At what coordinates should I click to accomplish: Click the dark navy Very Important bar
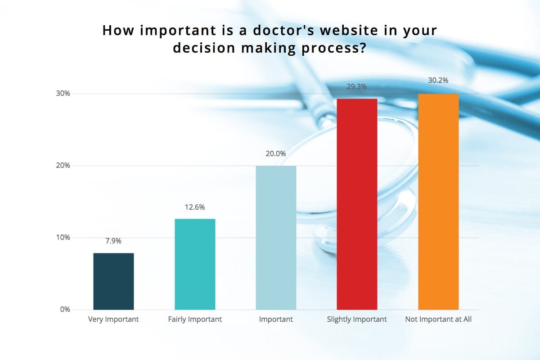(x=113, y=281)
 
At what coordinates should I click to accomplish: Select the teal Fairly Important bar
(x=195, y=264)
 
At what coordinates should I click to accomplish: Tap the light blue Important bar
(x=276, y=238)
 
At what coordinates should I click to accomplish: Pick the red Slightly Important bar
(x=357, y=204)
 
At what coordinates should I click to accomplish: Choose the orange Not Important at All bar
(x=438, y=202)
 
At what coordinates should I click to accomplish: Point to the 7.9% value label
(x=113, y=241)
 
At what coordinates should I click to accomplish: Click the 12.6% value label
(x=195, y=207)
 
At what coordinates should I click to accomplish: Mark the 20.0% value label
(x=276, y=153)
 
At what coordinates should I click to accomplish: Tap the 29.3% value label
(x=357, y=86)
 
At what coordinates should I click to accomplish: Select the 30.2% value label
(x=438, y=80)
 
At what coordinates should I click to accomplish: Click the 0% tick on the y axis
(x=65, y=309)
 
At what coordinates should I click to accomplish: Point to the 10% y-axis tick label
(x=63, y=238)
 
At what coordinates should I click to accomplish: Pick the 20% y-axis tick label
(x=63, y=166)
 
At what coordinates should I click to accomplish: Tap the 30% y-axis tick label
(x=63, y=93)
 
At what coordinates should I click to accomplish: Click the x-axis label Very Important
(x=113, y=319)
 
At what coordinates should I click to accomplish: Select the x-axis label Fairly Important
(x=195, y=319)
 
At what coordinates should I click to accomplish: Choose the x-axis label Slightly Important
(x=357, y=319)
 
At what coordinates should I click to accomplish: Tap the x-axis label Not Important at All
(x=438, y=319)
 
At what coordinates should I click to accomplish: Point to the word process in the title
(x=334, y=48)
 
